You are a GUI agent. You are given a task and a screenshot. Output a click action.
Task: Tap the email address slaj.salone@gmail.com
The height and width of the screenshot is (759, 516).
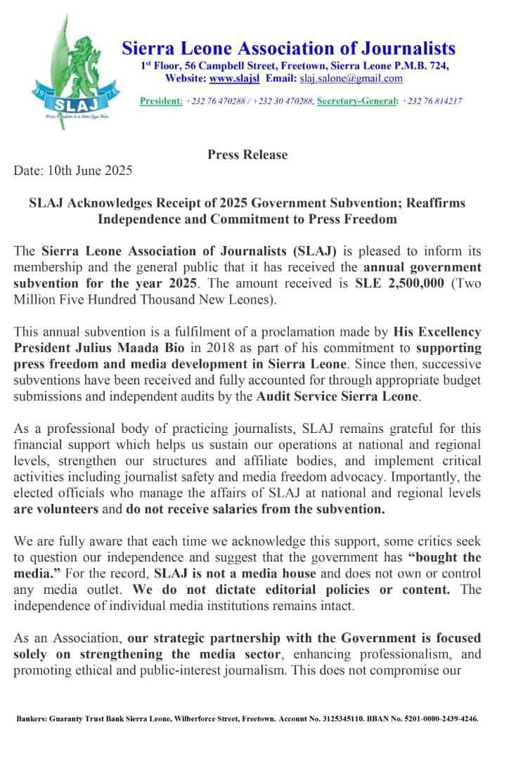pos(351,78)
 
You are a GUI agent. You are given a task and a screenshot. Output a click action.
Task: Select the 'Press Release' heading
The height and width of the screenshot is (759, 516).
pos(247,155)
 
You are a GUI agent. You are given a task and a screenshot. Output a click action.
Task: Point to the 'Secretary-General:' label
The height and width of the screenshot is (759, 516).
pos(358,101)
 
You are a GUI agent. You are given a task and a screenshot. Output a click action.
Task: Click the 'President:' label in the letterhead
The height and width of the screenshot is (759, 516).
pos(161,101)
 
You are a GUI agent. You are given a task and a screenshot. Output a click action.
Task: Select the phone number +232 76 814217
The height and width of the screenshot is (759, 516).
pos(432,101)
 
